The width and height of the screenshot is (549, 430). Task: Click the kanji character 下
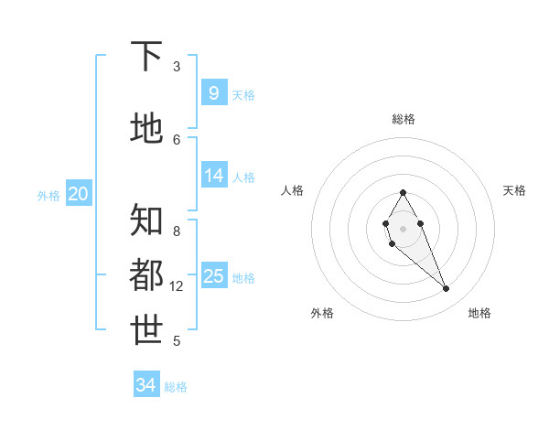point(147,57)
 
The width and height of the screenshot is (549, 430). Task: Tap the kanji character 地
point(147,128)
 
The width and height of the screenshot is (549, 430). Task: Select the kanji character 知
point(147,220)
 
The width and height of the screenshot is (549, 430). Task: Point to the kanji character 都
point(147,275)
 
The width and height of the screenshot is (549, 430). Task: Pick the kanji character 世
point(147,330)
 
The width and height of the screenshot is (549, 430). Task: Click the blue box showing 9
point(213,92)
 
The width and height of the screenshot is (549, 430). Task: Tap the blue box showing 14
point(213,176)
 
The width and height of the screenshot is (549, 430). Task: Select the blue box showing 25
point(213,276)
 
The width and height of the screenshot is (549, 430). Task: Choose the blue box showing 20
point(79,193)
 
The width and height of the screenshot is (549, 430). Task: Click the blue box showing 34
point(146,385)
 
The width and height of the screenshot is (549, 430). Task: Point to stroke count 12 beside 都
point(177,286)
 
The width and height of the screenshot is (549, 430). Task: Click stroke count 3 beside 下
point(177,67)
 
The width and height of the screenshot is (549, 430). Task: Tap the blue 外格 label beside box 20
point(48,195)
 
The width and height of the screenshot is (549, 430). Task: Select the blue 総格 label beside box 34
point(176,387)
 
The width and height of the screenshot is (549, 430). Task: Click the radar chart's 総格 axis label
point(404,119)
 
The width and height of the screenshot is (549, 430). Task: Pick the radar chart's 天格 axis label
point(514,190)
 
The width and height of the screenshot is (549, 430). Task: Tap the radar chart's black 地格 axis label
point(479,313)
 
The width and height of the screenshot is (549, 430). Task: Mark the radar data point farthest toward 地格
point(446,289)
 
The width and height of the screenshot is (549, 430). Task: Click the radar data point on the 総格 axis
point(403,192)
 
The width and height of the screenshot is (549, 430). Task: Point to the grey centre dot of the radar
point(403,228)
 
